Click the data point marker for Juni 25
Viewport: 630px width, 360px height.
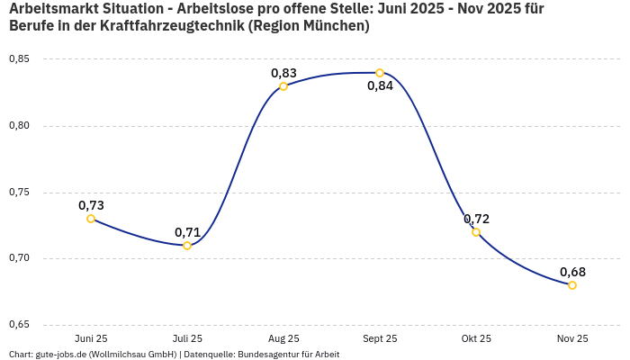pyautogui.click(x=91, y=219)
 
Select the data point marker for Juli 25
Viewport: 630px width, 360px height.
pyautogui.click(x=187, y=246)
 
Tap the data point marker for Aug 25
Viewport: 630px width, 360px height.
pyautogui.click(x=283, y=86)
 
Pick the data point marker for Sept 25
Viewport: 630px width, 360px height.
pyautogui.click(x=380, y=73)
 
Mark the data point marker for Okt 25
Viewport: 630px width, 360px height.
pyautogui.click(x=476, y=232)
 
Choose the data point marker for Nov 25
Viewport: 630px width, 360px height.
pyautogui.click(x=572, y=285)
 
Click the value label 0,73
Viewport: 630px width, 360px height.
pyautogui.click(x=91, y=205)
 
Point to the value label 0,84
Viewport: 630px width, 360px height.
pyautogui.click(x=380, y=86)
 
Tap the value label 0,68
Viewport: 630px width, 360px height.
pyautogui.click(x=572, y=272)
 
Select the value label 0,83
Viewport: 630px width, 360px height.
pyautogui.click(x=283, y=73)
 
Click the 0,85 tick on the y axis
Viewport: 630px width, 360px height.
pyautogui.click(x=19, y=59)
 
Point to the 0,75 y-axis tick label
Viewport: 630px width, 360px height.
pyautogui.click(x=19, y=193)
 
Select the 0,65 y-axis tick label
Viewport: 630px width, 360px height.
pyautogui.click(x=19, y=325)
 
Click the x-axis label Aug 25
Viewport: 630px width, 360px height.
pyautogui.click(x=283, y=339)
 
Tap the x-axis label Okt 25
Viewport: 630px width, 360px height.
pyautogui.click(x=476, y=339)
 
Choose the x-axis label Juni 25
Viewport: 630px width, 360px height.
pyautogui.click(x=91, y=339)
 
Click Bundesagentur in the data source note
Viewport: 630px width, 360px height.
pyautogui.click(x=283, y=355)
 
